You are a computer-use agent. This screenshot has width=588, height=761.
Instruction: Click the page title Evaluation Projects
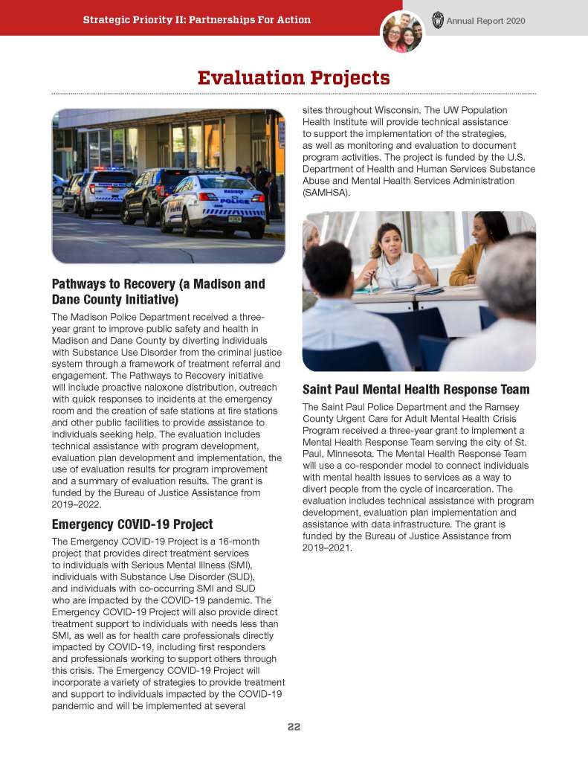tap(294, 77)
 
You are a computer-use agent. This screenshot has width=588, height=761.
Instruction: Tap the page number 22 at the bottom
tap(294, 727)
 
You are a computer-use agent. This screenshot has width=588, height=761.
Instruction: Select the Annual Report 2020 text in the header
tap(485, 21)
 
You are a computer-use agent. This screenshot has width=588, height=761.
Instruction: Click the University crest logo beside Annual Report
tap(438, 20)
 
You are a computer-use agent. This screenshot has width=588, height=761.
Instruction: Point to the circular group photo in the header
tap(402, 32)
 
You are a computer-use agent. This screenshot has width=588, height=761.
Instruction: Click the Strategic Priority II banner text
tap(197, 20)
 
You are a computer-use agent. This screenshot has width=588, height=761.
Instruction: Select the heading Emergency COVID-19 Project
tap(132, 524)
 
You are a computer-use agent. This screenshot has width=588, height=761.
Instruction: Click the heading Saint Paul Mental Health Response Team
tap(416, 389)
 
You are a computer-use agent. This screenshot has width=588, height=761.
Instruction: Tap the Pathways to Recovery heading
tap(158, 292)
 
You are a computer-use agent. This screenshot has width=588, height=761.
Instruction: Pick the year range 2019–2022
tap(83, 505)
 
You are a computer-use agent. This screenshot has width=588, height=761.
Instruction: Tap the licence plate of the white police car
tap(235, 219)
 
